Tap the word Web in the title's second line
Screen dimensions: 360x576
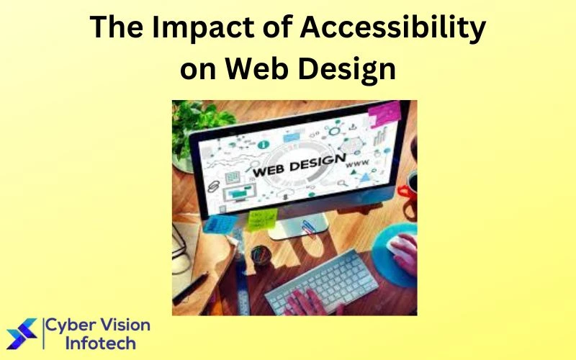(x=254, y=69)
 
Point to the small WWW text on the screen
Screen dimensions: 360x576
(x=358, y=164)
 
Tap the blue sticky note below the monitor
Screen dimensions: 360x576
(x=217, y=223)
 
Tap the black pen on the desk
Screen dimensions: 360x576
(x=189, y=288)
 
